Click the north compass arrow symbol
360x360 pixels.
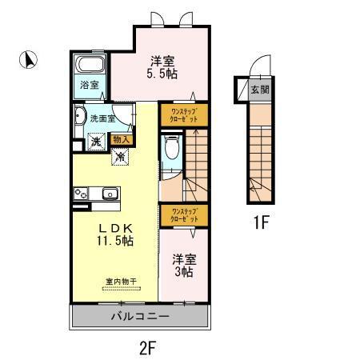tap(27, 58)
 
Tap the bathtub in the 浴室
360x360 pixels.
tap(90, 66)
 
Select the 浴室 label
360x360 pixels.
tap(89, 84)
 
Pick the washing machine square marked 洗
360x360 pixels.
tap(95, 141)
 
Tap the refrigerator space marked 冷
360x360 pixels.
tap(119, 158)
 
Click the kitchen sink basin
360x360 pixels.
tap(110, 193)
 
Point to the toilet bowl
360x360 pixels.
tap(173, 148)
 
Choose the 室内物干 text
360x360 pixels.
tap(120, 282)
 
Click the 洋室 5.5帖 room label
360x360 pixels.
tap(163, 66)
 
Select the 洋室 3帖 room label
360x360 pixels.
tap(183, 266)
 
